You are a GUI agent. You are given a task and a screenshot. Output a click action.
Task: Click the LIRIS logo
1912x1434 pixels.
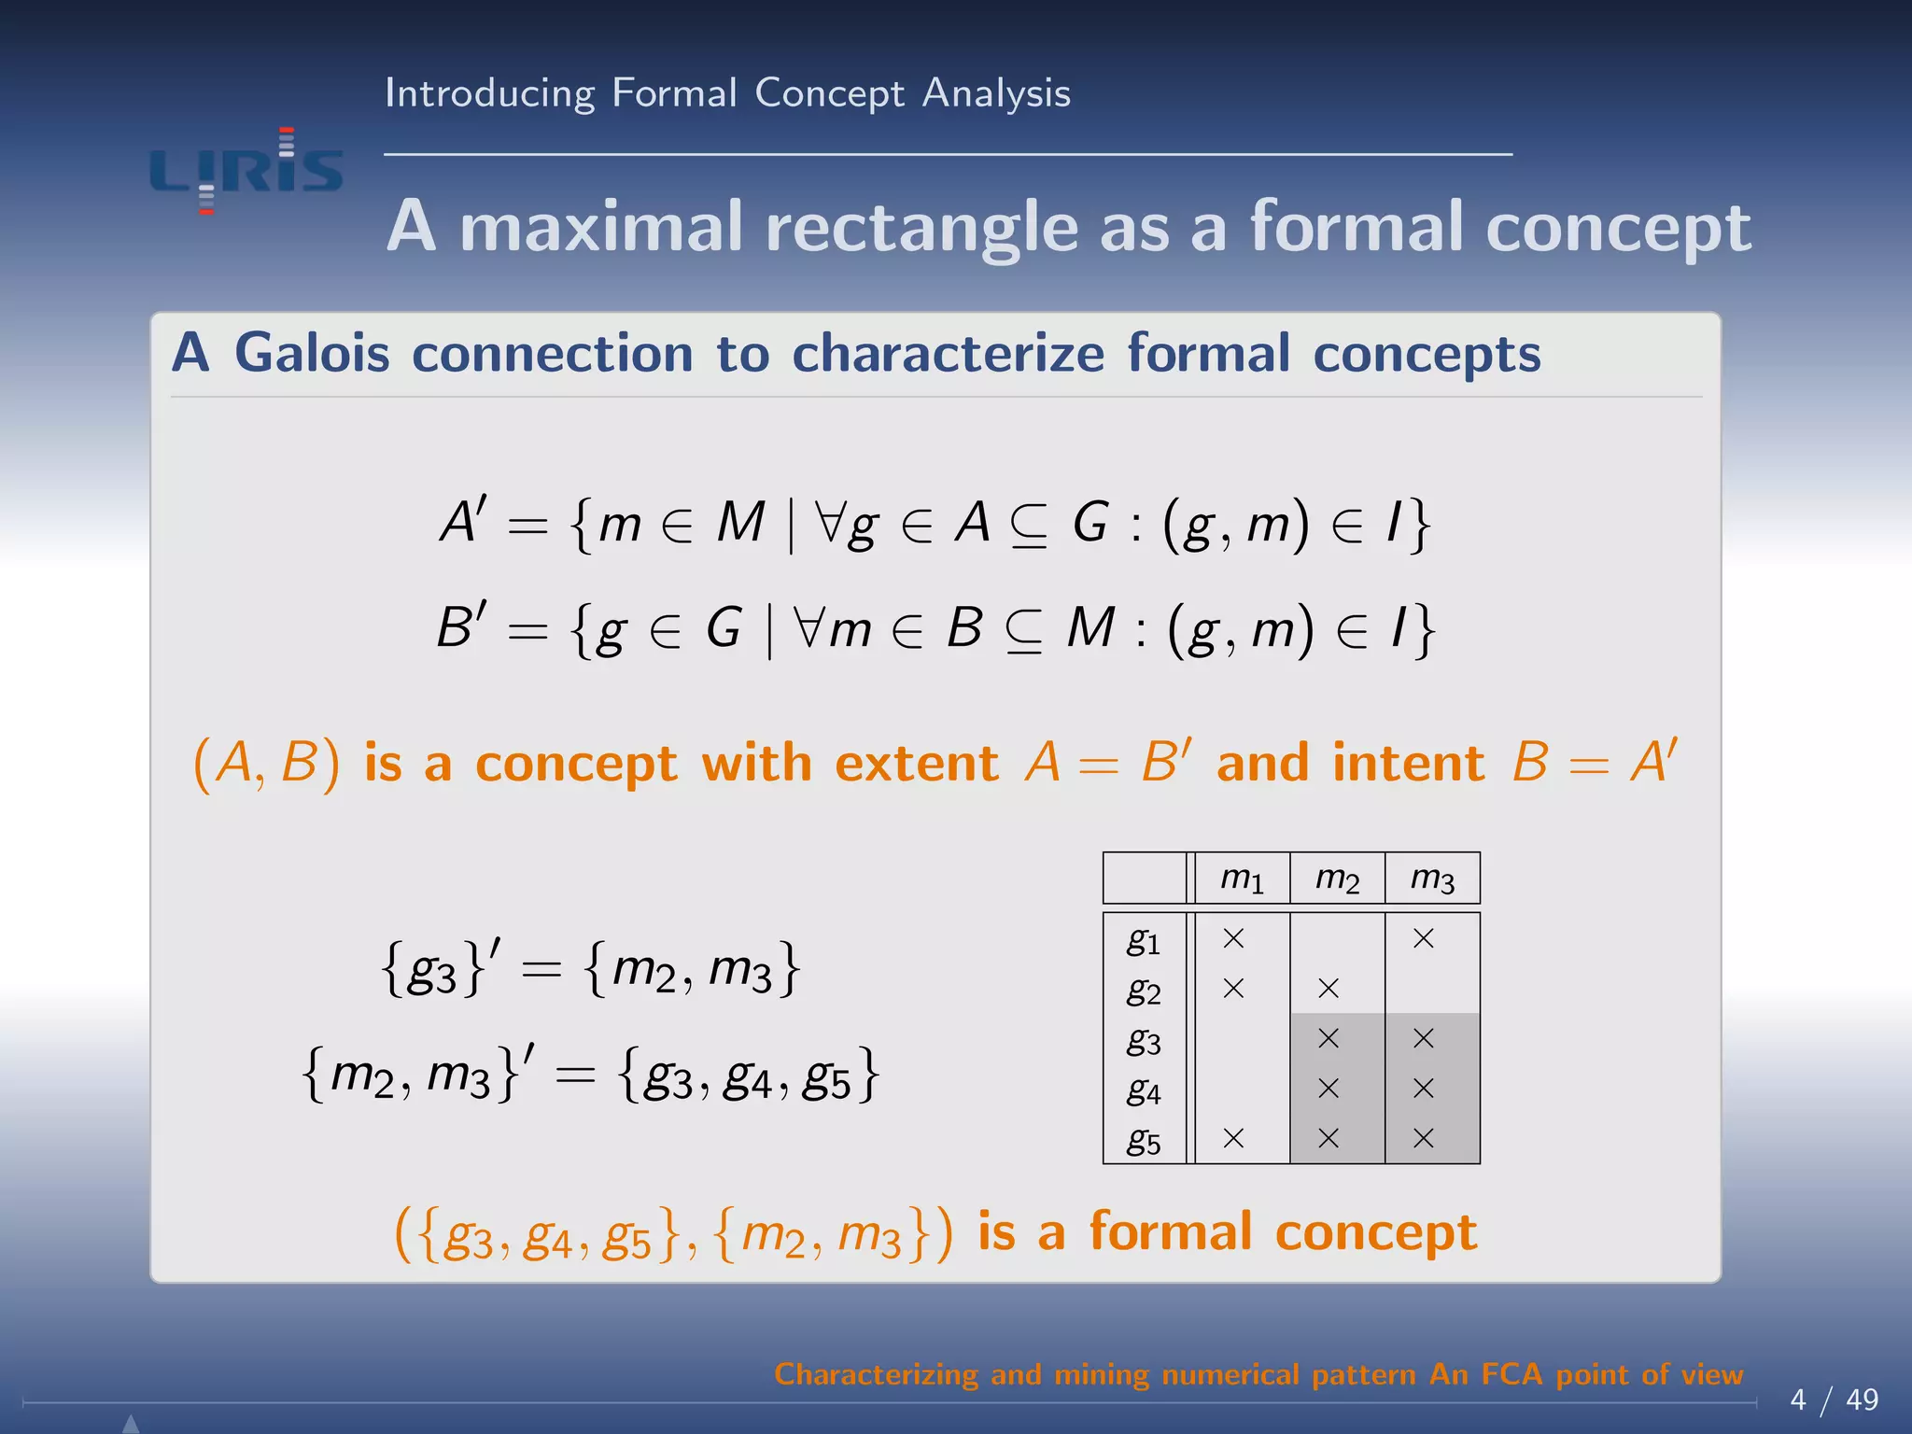(x=246, y=171)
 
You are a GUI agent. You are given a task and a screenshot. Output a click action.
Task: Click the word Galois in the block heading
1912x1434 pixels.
(x=312, y=354)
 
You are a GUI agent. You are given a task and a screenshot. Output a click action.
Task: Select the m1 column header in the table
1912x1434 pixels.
(x=1242, y=879)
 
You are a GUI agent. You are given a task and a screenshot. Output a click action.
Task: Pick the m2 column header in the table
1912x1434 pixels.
(x=1337, y=879)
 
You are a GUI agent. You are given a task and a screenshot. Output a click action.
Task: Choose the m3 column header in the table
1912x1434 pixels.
(x=1432, y=879)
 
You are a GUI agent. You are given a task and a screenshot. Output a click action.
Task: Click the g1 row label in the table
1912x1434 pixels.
(x=1144, y=940)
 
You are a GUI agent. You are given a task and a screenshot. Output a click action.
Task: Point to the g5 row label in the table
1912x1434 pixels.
(x=1144, y=1140)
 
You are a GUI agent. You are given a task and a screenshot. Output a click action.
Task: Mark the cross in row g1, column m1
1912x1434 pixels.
(x=1233, y=938)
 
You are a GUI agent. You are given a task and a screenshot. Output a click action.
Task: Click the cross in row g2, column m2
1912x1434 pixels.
(x=1329, y=989)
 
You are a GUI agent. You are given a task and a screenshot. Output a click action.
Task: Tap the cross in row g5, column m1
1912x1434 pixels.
(x=1233, y=1138)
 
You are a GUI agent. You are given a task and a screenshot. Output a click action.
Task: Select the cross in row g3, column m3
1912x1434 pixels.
(x=1423, y=1038)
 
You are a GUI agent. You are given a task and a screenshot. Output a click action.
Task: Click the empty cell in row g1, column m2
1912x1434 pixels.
(x=1337, y=938)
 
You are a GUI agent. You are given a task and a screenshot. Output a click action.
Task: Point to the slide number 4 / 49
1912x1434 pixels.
(x=1834, y=1399)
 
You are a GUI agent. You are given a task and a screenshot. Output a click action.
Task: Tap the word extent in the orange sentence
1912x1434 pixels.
(x=916, y=763)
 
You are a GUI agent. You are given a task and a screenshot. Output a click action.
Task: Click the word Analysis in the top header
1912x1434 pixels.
(x=996, y=93)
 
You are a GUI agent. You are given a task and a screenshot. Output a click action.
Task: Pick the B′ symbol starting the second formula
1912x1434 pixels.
(x=461, y=626)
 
